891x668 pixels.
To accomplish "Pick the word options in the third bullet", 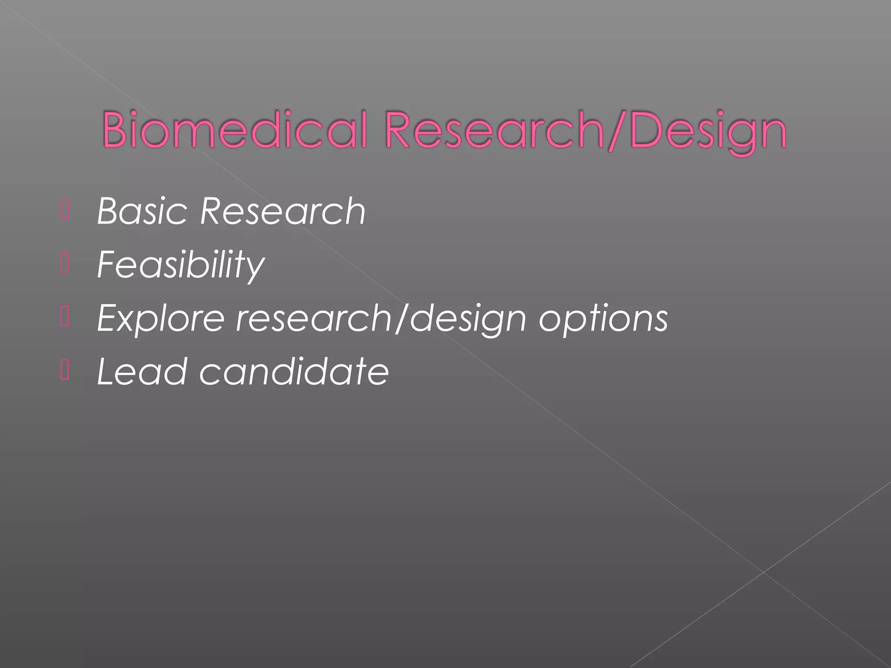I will (603, 319).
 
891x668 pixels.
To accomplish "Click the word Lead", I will (142, 371).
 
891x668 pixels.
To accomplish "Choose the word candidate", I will (294, 371).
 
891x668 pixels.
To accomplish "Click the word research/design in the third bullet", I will (381, 319).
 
